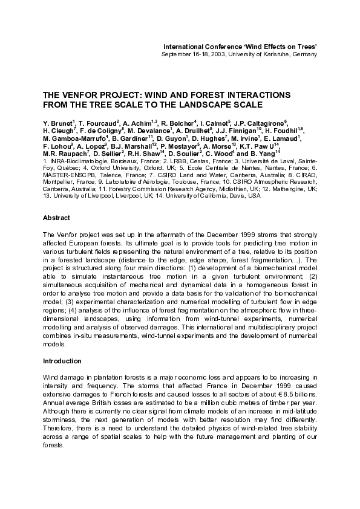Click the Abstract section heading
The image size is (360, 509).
[56, 218]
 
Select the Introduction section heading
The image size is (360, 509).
[62, 361]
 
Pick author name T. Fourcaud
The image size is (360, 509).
[97, 123]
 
